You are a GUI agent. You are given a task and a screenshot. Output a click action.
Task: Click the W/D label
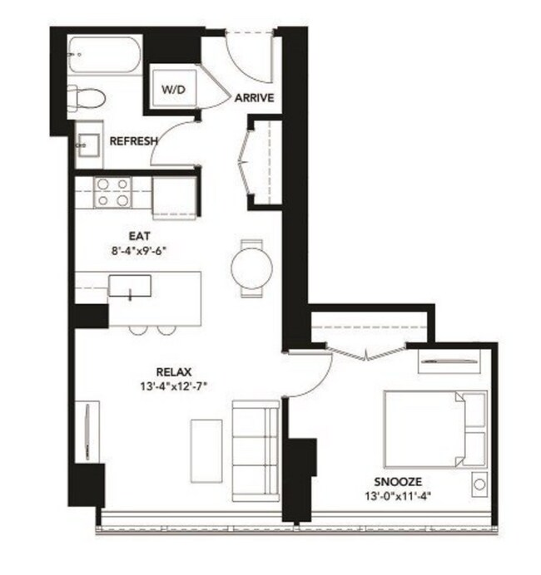coord(174,89)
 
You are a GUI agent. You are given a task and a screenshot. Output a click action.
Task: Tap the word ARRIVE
coord(255,98)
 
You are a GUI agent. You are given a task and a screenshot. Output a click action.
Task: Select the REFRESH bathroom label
coord(134,140)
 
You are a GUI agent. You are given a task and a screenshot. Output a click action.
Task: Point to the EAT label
coord(140,236)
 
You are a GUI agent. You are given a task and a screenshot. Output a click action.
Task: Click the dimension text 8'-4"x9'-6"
coord(140,251)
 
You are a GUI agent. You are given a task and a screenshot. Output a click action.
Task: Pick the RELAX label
coord(174,372)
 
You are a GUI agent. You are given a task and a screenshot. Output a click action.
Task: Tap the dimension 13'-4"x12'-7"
coord(174,386)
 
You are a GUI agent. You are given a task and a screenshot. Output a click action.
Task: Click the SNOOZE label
coord(398,481)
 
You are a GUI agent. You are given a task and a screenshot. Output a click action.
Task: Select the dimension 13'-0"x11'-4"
coord(398,496)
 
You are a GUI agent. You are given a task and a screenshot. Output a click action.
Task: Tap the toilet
coord(87,98)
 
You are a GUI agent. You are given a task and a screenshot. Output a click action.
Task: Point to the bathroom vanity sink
coord(88,145)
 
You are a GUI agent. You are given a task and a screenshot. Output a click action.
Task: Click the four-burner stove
coord(112,193)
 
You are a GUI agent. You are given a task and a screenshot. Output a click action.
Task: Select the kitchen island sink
coord(130,286)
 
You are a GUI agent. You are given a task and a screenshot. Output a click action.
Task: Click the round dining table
coord(252,268)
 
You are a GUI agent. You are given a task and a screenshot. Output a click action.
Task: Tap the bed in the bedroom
coord(435,430)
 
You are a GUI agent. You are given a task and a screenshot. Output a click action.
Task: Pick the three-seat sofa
coord(256,450)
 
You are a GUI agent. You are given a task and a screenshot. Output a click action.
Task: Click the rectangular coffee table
coord(206,451)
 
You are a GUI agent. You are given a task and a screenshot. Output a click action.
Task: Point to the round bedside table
coord(479,484)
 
